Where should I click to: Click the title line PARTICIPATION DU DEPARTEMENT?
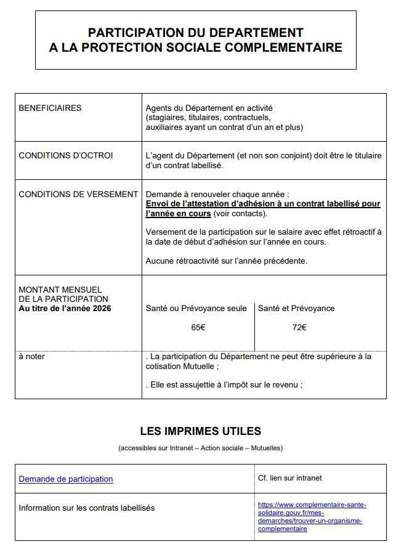(x=195, y=33)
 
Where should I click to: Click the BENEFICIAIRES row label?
(x=50, y=108)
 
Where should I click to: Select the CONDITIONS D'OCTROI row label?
(x=66, y=155)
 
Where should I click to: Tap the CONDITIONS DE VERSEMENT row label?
(x=78, y=194)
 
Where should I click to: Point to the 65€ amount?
(x=198, y=327)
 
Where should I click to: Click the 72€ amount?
(x=299, y=327)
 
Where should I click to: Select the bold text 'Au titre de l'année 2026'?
(x=65, y=308)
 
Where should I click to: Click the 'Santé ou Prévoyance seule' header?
(x=196, y=308)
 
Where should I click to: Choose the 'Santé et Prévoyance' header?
(x=296, y=308)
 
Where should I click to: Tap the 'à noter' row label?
(x=31, y=356)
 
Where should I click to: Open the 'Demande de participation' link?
(x=66, y=479)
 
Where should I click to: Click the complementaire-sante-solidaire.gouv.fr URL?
(x=312, y=516)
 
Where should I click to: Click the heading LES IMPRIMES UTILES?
(x=200, y=431)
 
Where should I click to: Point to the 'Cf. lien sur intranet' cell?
(x=289, y=477)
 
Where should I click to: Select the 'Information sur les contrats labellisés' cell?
(x=86, y=508)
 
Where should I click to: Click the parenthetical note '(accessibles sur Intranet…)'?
(x=200, y=448)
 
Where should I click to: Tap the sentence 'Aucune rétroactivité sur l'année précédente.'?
(x=226, y=261)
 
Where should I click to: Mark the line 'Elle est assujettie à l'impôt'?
(x=225, y=385)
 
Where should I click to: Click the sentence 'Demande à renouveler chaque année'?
(x=217, y=194)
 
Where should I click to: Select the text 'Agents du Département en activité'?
(x=209, y=108)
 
